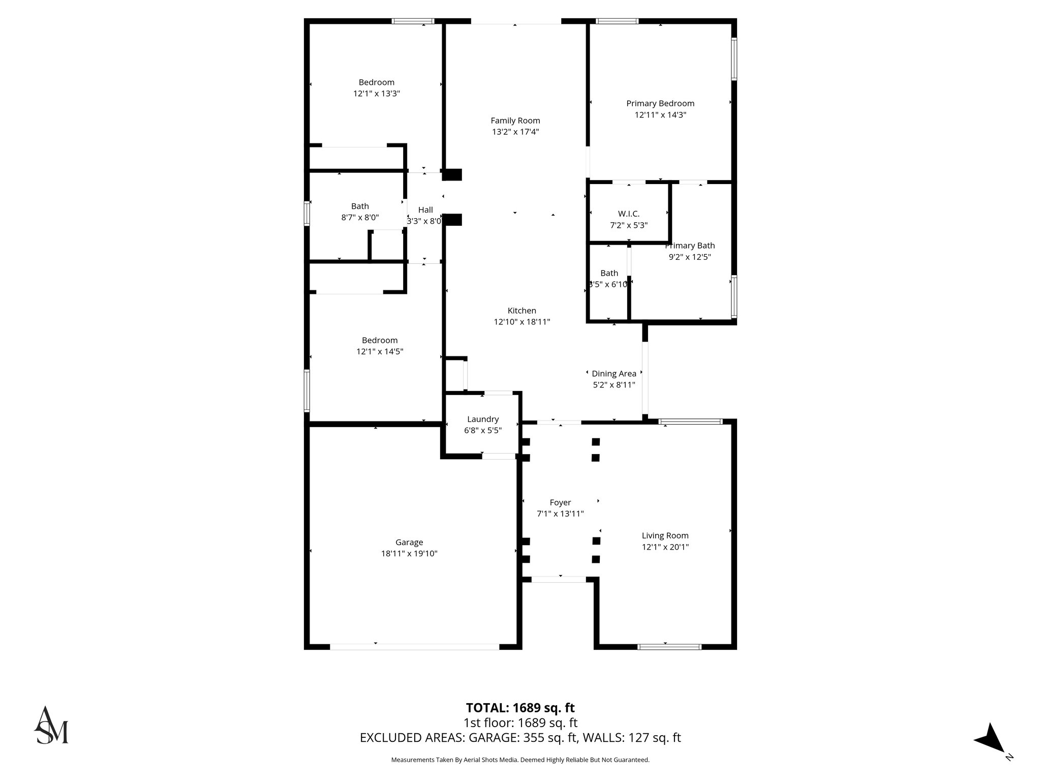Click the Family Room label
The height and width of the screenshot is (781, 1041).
tap(515, 121)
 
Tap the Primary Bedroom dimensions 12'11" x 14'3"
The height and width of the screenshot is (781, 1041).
tap(660, 115)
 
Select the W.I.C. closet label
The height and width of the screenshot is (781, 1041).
tap(628, 214)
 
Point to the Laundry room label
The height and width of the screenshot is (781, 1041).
tap(482, 419)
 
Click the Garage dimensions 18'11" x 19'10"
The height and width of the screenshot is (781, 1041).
tap(409, 554)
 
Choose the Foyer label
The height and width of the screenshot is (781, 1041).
tap(560, 502)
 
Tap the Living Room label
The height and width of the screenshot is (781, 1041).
tap(664, 535)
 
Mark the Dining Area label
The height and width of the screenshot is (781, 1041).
tap(614, 374)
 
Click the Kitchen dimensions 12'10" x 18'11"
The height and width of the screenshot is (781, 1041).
tap(522, 322)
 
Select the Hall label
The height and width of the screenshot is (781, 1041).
tap(425, 209)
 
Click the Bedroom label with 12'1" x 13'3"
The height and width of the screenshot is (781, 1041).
tap(376, 82)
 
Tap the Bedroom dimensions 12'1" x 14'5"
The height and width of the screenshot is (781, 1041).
tap(379, 351)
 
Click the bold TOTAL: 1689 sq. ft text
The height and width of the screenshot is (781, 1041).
tap(520, 708)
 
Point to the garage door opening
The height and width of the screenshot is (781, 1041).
tap(414, 647)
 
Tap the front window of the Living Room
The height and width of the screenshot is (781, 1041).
tap(669, 647)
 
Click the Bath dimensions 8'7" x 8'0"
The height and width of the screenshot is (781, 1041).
tap(359, 218)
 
